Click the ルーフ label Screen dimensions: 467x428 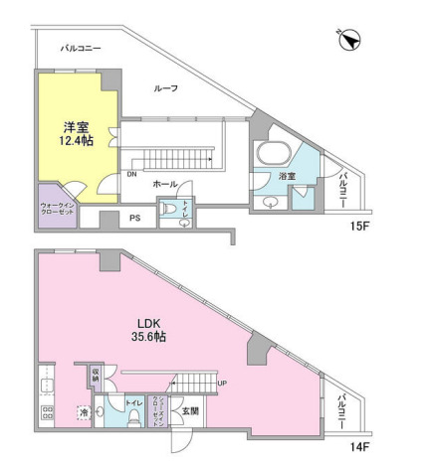[x=166, y=88]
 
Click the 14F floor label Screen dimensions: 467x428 [x=359, y=446]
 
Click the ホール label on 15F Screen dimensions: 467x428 [x=165, y=185]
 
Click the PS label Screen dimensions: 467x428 [x=135, y=218]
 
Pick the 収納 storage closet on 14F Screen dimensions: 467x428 [x=96, y=375]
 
